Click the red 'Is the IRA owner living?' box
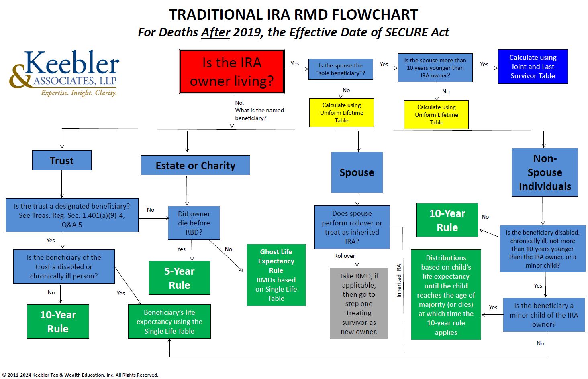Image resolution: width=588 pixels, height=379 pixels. [232, 72]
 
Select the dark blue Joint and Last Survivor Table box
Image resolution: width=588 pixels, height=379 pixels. [533, 67]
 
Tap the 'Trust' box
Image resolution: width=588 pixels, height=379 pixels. [62, 160]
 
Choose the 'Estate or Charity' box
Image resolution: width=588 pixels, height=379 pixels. [195, 165]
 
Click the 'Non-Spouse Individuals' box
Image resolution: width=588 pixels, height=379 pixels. [545, 172]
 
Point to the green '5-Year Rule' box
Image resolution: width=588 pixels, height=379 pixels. [179, 278]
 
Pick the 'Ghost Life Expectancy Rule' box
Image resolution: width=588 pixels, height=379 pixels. [276, 275]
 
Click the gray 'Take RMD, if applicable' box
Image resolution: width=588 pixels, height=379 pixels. [359, 303]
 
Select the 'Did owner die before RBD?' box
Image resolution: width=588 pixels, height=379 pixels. [194, 223]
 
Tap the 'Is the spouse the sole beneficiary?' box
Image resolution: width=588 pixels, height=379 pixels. [341, 69]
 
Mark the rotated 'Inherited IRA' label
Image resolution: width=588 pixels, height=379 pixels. [399, 280]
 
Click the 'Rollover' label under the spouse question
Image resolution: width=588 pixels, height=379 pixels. [344, 256]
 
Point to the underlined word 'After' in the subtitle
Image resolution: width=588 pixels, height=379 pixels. [216, 32]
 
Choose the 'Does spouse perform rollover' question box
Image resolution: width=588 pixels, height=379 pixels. [352, 227]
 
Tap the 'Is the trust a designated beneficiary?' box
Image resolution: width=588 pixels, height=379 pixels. [72, 215]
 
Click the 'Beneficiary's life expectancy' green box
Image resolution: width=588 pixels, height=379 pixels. [169, 322]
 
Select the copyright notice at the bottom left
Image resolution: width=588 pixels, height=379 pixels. [80, 375]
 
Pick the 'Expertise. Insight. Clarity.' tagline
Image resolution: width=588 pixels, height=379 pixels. [79, 93]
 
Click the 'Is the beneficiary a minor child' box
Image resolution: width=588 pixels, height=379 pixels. [544, 315]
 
